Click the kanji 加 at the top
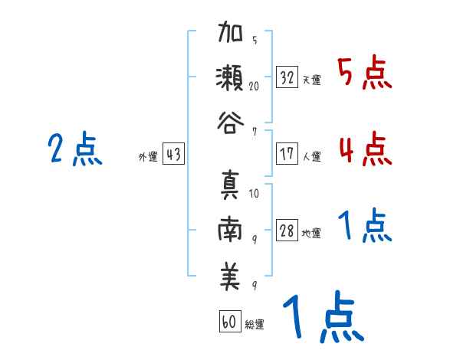coord(231,35)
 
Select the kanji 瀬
coord(231,79)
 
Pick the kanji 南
coord(231,231)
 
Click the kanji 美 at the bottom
coord(231,276)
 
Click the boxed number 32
coord(287,77)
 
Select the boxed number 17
coord(287,153)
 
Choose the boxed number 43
coord(173,154)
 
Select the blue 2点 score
coord(74,149)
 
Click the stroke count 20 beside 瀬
coord(254,87)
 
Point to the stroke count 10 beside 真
coord(254,194)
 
